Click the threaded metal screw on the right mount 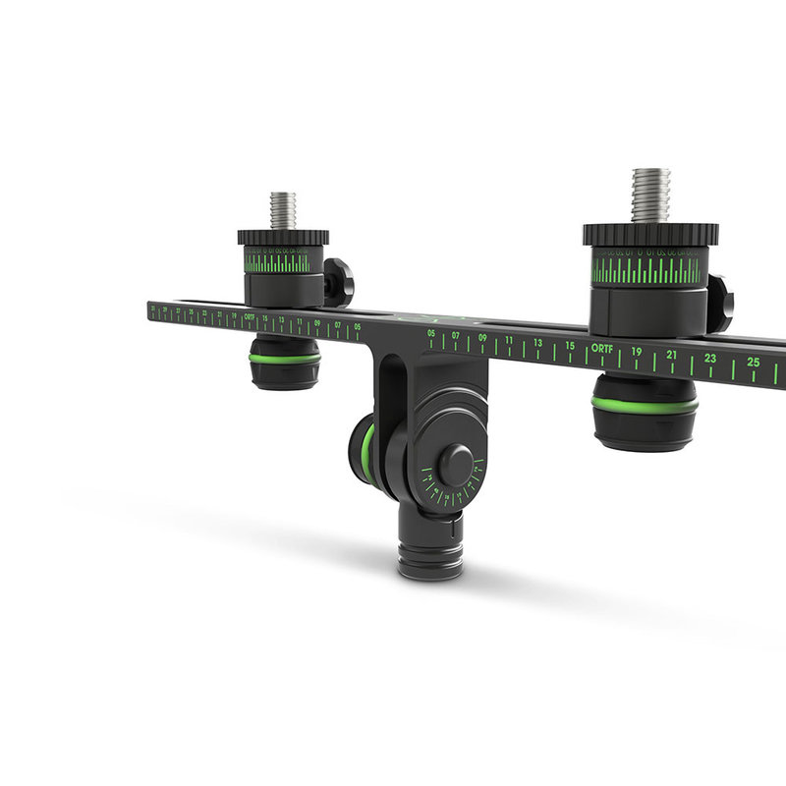(x=649, y=195)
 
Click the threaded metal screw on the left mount (x=283, y=210)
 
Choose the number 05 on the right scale (x=431, y=334)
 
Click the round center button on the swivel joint (x=455, y=465)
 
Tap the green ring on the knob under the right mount (x=645, y=404)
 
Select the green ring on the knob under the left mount (x=284, y=359)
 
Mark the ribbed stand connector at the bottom (x=429, y=556)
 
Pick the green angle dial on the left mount (x=278, y=263)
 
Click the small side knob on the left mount (x=339, y=281)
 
